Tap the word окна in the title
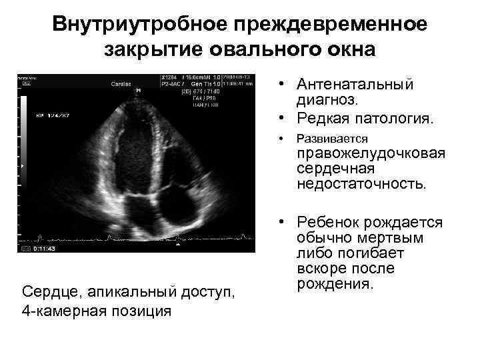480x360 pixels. coord(348,49)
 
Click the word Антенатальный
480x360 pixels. coord(355,85)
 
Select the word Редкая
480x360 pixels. coord(325,119)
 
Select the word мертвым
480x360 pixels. coord(389,238)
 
